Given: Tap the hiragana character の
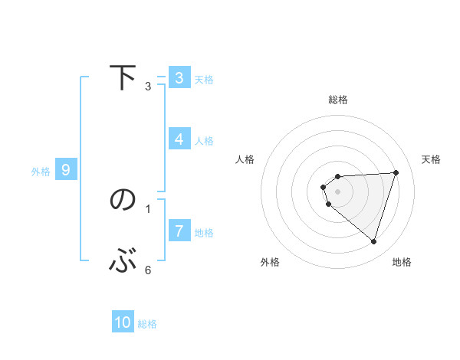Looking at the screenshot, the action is [123, 200].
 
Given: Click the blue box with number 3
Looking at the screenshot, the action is [179, 78].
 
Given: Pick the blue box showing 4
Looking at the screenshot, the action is [179, 139].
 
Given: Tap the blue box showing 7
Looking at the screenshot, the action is [179, 231].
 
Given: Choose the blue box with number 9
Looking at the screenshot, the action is [66, 170].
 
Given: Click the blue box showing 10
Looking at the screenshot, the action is [123, 322].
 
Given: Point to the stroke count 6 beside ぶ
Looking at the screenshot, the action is [147, 270].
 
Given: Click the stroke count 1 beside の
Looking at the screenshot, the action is [147, 208].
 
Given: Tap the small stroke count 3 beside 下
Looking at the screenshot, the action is [147, 86].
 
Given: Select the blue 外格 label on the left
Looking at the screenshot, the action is [41, 172].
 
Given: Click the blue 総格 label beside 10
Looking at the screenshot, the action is [147, 324].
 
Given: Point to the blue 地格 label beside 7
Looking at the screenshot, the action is [204, 232].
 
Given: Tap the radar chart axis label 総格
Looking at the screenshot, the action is [337, 100].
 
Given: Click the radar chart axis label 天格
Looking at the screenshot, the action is [431, 159].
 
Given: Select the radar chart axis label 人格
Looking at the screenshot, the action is [245, 159].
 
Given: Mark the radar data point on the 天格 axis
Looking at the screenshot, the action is [396, 172].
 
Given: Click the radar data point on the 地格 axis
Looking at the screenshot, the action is [373, 241].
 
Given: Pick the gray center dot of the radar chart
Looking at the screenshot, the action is [337, 191].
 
